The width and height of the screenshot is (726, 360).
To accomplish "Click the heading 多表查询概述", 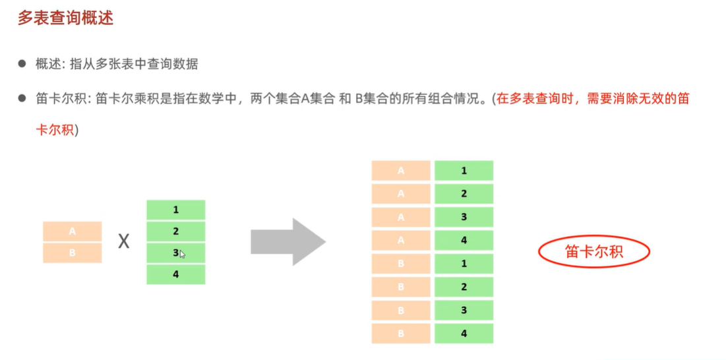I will [x=65, y=18].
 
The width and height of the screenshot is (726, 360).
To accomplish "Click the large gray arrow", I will [x=287, y=242].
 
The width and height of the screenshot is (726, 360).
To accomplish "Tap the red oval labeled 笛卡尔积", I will [x=594, y=251].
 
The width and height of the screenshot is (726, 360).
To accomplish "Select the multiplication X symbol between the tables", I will [x=123, y=242].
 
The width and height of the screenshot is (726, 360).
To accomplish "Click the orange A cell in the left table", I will [x=73, y=231].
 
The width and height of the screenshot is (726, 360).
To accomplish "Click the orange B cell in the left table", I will [x=73, y=253].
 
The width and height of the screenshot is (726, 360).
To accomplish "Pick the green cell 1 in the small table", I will [x=175, y=210].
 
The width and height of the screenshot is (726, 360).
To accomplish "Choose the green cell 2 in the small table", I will [x=175, y=231].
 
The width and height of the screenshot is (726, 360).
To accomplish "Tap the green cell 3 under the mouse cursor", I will [x=175, y=253].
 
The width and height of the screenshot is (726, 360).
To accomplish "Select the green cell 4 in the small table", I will [x=175, y=274].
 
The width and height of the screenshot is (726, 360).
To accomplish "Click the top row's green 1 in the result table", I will [x=464, y=171].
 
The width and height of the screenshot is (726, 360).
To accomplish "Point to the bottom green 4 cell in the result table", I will [x=464, y=333].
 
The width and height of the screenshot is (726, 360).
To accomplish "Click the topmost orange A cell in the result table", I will [x=401, y=171].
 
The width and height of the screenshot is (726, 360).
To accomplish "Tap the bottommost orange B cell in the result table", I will [x=401, y=333].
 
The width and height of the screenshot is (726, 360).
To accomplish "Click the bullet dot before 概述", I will [x=22, y=64].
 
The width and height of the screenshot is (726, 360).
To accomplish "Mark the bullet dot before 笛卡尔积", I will [x=22, y=98].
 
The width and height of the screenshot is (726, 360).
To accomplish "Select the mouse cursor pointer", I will [x=182, y=255].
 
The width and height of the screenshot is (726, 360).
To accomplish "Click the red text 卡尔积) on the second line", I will [x=57, y=130].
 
